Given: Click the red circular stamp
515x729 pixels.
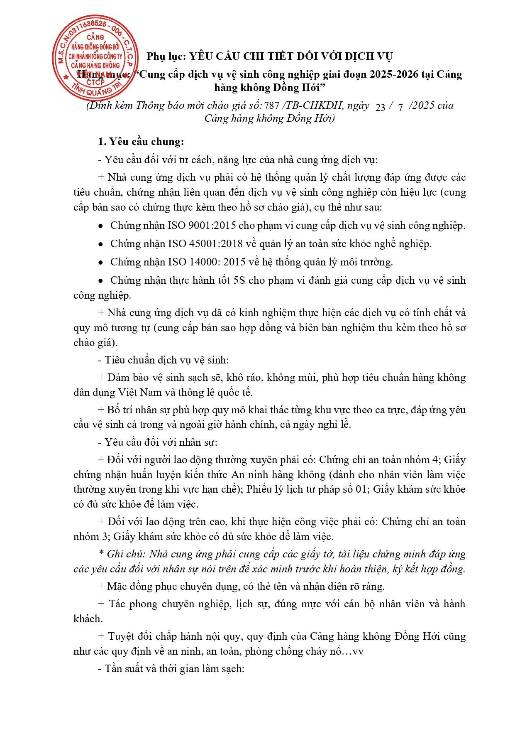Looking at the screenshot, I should [95, 58].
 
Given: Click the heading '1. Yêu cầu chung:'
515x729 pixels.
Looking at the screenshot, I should [141, 142].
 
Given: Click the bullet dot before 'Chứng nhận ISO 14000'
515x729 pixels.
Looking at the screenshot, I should [100, 263].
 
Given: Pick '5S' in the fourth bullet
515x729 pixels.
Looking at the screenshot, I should [239, 280].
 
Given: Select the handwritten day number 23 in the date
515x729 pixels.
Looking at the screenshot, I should [380, 107].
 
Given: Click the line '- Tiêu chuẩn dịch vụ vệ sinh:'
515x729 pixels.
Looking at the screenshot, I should [163, 360].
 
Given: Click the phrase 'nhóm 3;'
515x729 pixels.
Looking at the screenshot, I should [92, 537].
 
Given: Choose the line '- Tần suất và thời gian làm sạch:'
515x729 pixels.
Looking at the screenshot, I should [171, 669].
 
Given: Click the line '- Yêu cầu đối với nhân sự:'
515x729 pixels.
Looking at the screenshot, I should [158, 442].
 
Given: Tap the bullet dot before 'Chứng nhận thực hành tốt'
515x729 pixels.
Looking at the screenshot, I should [100, 281].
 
